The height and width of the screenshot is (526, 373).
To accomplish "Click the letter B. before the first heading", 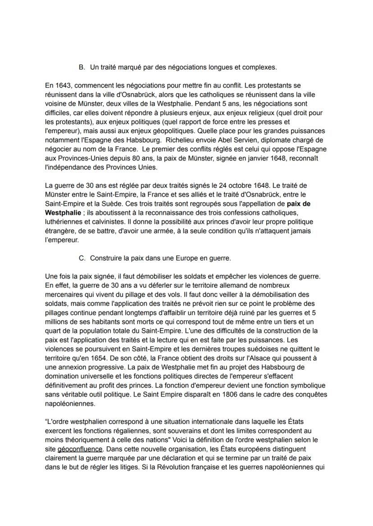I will click(82, 67).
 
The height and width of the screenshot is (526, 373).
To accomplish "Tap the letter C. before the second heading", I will click(82, 258).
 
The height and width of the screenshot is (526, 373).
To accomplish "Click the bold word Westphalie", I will click(63, 212).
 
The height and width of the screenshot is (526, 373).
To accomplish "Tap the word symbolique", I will click(305, 386).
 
